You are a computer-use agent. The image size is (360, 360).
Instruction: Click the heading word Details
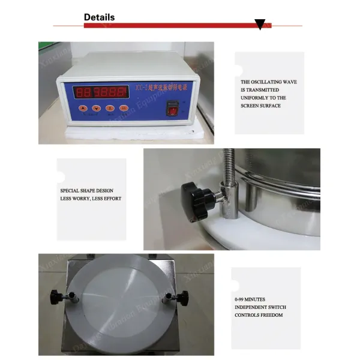99,17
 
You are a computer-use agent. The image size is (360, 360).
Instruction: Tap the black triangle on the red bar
260,25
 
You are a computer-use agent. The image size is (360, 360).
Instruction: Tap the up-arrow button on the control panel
83,109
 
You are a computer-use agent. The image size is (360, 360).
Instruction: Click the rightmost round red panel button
124,109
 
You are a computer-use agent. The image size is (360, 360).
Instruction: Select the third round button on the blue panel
110,109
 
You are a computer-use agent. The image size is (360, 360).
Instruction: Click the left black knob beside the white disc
58,295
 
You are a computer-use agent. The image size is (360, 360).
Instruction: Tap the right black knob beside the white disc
181,297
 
